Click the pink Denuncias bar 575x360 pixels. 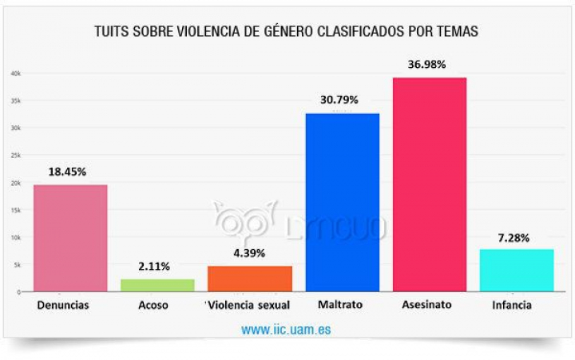click(x=70, y=238)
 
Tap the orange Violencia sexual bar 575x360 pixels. click(x=249, y=279)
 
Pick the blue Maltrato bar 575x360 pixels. click(x=343, y=202)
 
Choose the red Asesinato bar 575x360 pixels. click(x=430, y=184)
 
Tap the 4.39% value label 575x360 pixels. click(x=249, y=253)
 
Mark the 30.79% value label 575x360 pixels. click(x=342, y=100)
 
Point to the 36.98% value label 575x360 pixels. click(x=429, y=64)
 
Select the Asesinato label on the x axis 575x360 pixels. click(x=429, y=306)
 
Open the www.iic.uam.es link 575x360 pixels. click(x=286, y=329)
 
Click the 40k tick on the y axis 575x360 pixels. click(x=15, y=73)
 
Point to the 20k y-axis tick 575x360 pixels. click(x=15, y=183)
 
